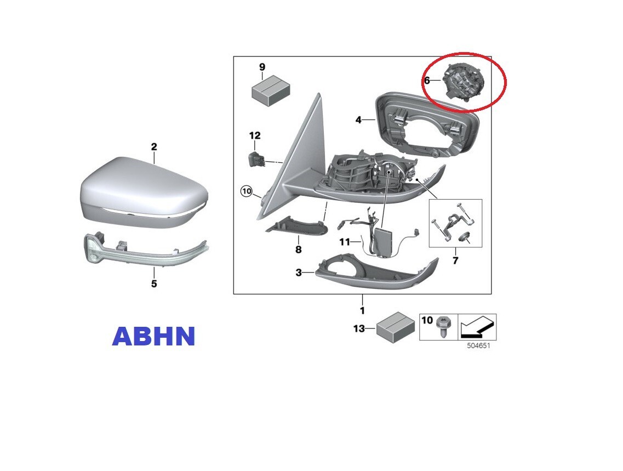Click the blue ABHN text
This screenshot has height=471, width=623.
click(x=154, y=336)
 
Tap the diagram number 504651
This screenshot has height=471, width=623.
click(x=478, y=346)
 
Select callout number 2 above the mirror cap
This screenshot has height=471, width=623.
click(x=154, y=146)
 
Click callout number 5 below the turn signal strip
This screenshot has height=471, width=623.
click(x=154, y=283)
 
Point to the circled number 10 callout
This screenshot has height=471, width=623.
click(x=247, y=191)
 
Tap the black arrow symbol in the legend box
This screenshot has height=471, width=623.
click(x=477, y=326)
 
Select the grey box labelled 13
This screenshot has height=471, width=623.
click(x=396, y=327)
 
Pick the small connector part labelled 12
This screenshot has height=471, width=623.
click(x=255, y=159)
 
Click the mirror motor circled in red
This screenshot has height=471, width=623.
click(x=464, y=83)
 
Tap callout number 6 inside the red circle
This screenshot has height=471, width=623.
click(x=427, y=80)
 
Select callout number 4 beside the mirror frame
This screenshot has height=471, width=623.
click(x=358, y=119)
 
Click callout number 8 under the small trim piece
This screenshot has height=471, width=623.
click(x=299, y=249)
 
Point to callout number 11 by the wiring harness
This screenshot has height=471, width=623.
click(x=345, y=242)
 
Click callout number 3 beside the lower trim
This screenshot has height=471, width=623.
click(x=299, y=273)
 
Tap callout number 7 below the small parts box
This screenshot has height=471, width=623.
click(x=455, y=260)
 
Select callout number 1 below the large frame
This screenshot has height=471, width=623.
click(x=362, y=310)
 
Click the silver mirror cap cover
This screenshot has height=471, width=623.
click(x=145, y=194)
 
